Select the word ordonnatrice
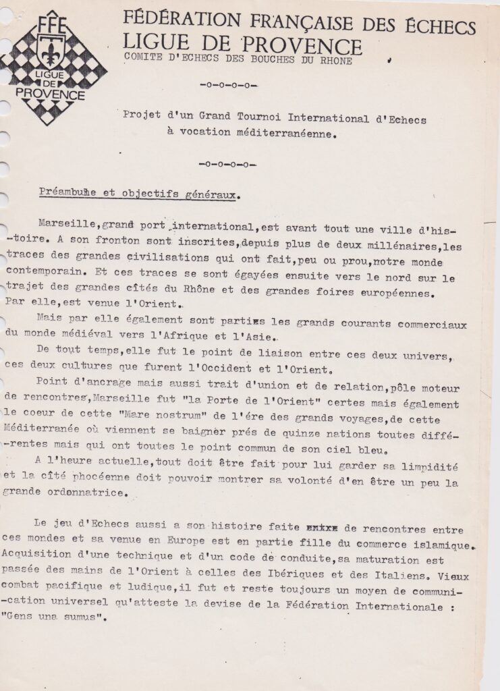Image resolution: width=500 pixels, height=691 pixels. point(86,494)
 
